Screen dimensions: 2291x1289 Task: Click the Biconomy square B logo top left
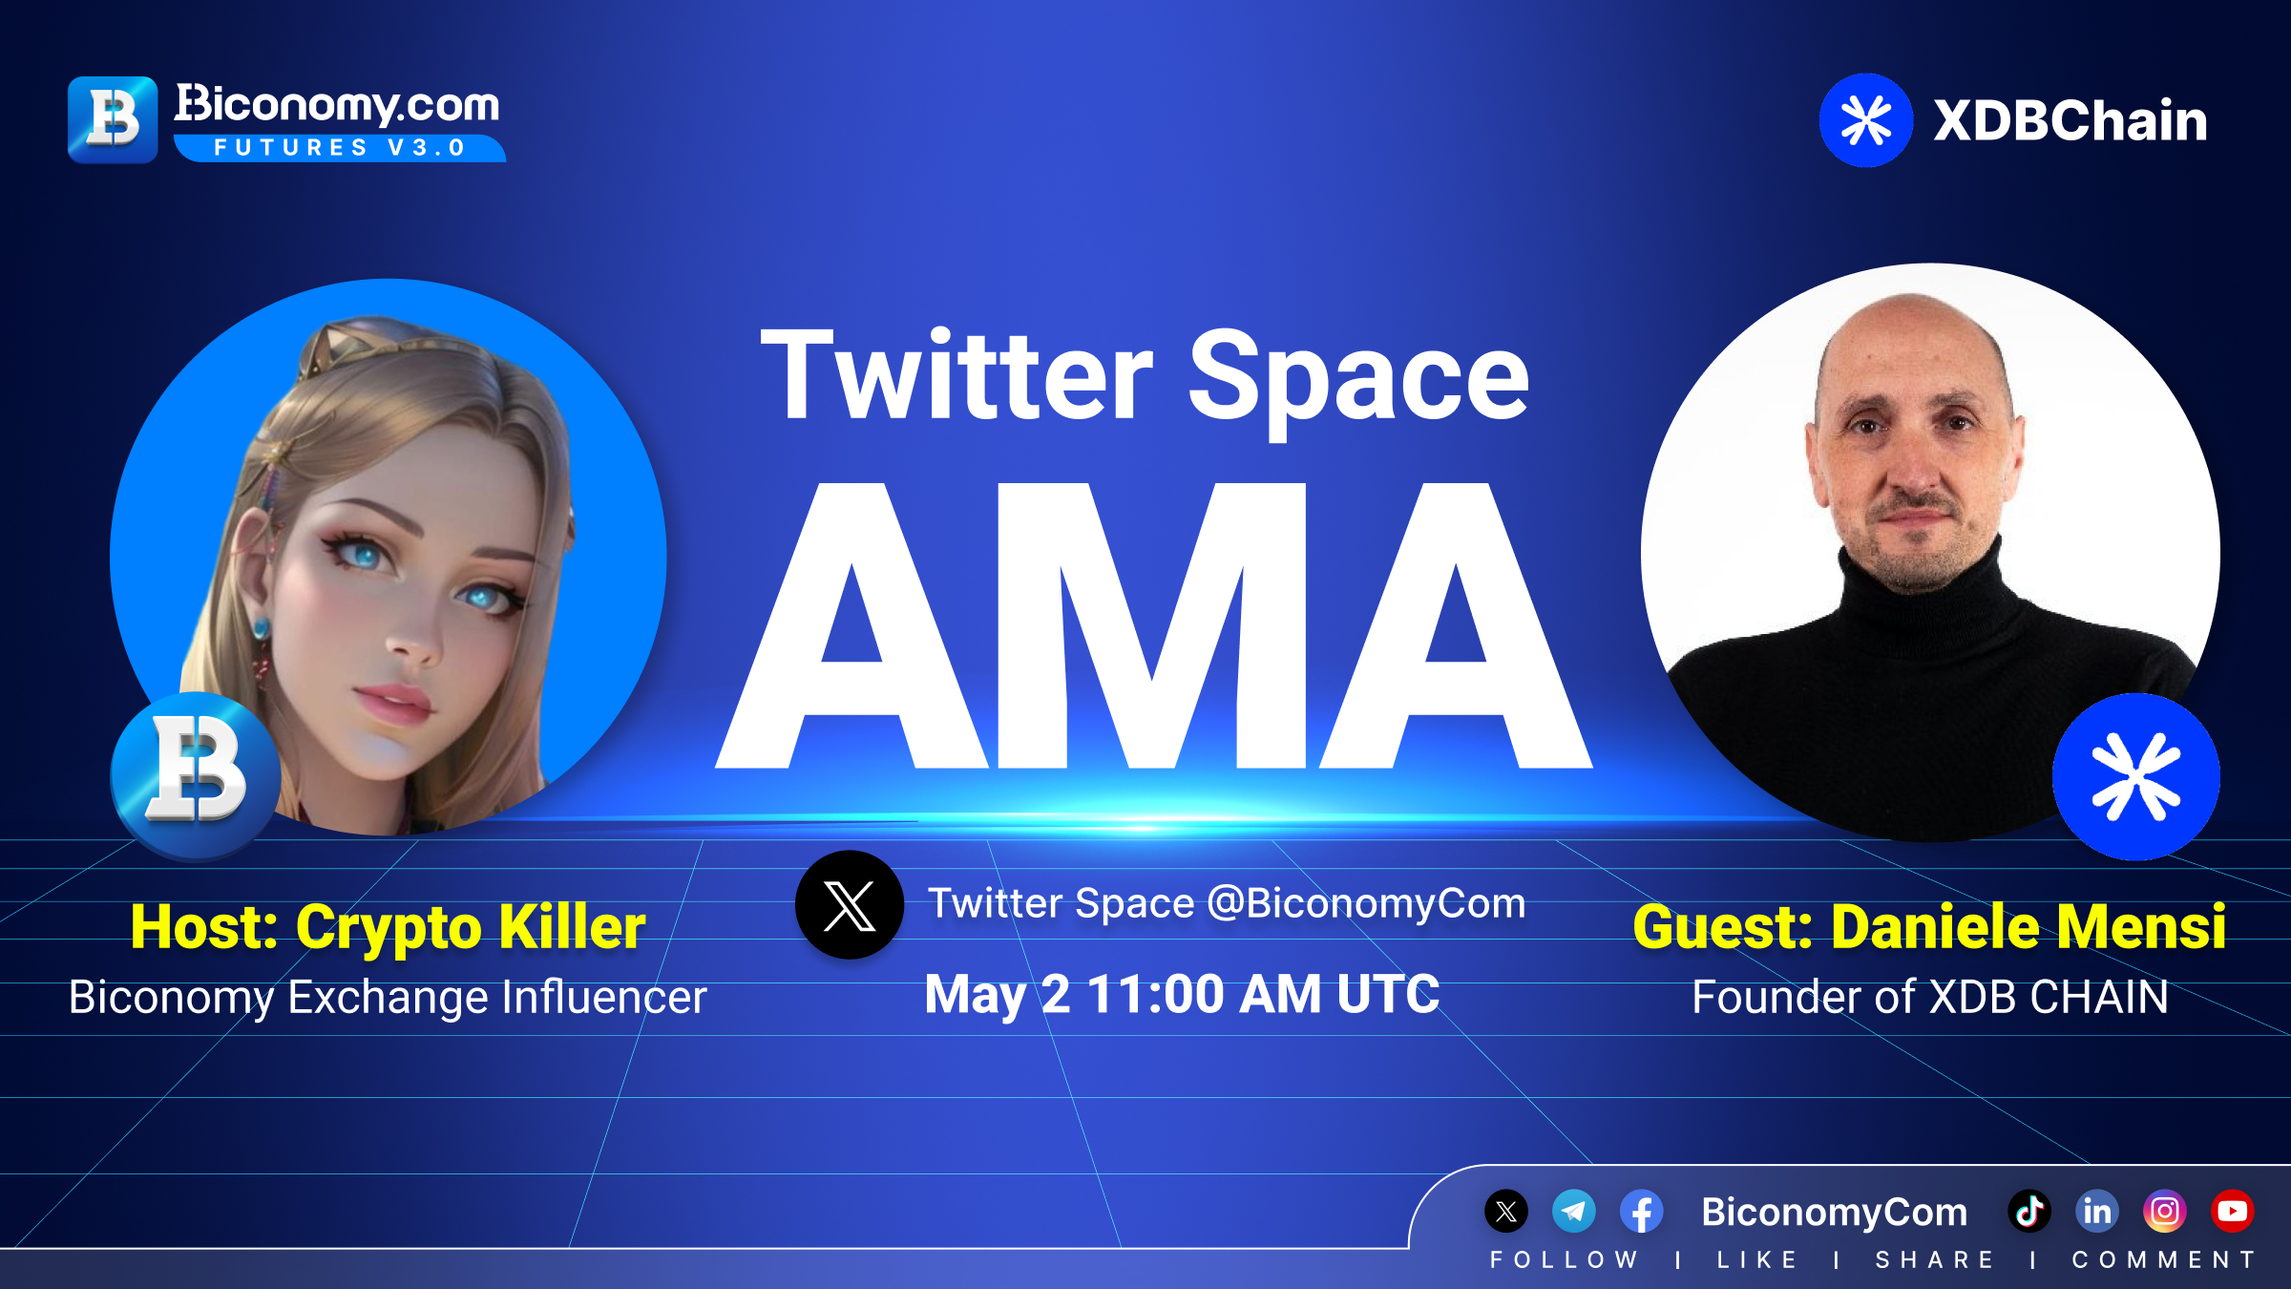click(x=113, y=119)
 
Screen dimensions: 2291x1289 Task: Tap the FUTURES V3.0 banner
click(x=340, y=148)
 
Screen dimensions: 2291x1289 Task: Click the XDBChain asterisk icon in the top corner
click(x=1865, y=120)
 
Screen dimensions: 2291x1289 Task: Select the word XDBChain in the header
click(x=2070, y=121)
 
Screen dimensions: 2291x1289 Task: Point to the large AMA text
click(x=1154, y=625)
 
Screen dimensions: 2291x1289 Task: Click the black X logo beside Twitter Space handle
click(x=850, y=905)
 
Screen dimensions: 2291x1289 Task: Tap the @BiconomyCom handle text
click(x=1366, y=903)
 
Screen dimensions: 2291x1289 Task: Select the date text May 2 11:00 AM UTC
click(x=1182, y=995)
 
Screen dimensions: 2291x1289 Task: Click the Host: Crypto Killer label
click(x=388, y=927)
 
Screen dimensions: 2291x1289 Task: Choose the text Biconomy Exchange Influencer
click(x=388, y=998)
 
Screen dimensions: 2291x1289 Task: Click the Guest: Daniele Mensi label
click(x=1929, y=927)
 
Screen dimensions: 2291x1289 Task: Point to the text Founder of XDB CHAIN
click(x=1930, y=998)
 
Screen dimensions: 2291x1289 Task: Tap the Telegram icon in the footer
click(x=1574, y=1212)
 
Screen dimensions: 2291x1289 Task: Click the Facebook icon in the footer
click(x=1642, y=1212)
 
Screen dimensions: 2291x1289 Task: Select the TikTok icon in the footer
click(x=2029, y=1212)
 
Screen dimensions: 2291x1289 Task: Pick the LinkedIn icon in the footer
click(x=2097, y=1212)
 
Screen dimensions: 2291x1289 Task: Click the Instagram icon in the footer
click(x=2165, y=1212)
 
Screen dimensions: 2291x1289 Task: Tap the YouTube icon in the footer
click(x=2233, y=1212)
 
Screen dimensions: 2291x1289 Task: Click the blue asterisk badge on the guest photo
click(x=2136, y=777)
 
